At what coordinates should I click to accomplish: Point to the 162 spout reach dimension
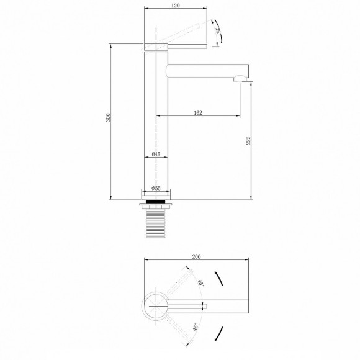tap(197, 112)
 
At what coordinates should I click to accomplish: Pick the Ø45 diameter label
tap(156, 154)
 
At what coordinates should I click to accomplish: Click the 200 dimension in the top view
tap(197, 256)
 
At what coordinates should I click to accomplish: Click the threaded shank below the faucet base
tap(156, 223)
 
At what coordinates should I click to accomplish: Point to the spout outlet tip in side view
tap(240, 79)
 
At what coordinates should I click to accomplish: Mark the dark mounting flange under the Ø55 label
tap(156, 202)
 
